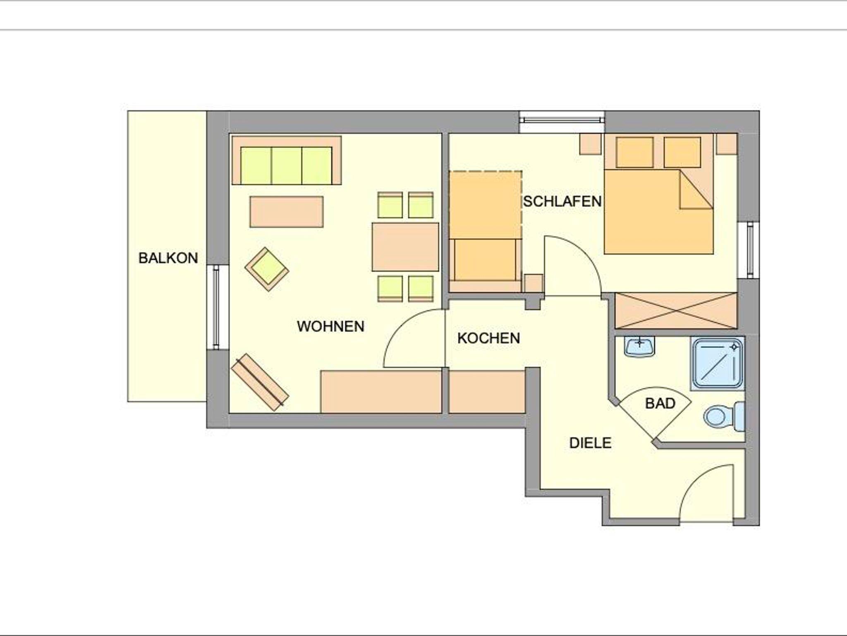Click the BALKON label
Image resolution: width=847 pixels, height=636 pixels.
168,258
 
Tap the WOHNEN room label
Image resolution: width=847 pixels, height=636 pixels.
330,326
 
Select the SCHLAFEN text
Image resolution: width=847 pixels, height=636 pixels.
562,201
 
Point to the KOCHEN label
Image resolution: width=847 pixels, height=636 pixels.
488,338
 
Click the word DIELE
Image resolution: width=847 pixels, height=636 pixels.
590,443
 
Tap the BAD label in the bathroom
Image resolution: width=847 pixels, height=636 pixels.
660,403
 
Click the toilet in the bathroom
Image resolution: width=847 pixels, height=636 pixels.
724,416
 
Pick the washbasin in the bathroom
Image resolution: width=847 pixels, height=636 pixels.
640,346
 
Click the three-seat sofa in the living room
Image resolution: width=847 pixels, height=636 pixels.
287,160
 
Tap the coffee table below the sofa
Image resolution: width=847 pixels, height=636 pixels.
286,212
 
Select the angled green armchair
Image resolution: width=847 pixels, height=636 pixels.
267,269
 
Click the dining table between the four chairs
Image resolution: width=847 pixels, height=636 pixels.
405,247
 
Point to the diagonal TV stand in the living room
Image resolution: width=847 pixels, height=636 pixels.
260,382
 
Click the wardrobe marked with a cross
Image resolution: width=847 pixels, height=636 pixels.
676,311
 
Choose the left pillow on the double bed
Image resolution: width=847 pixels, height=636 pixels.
634,152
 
